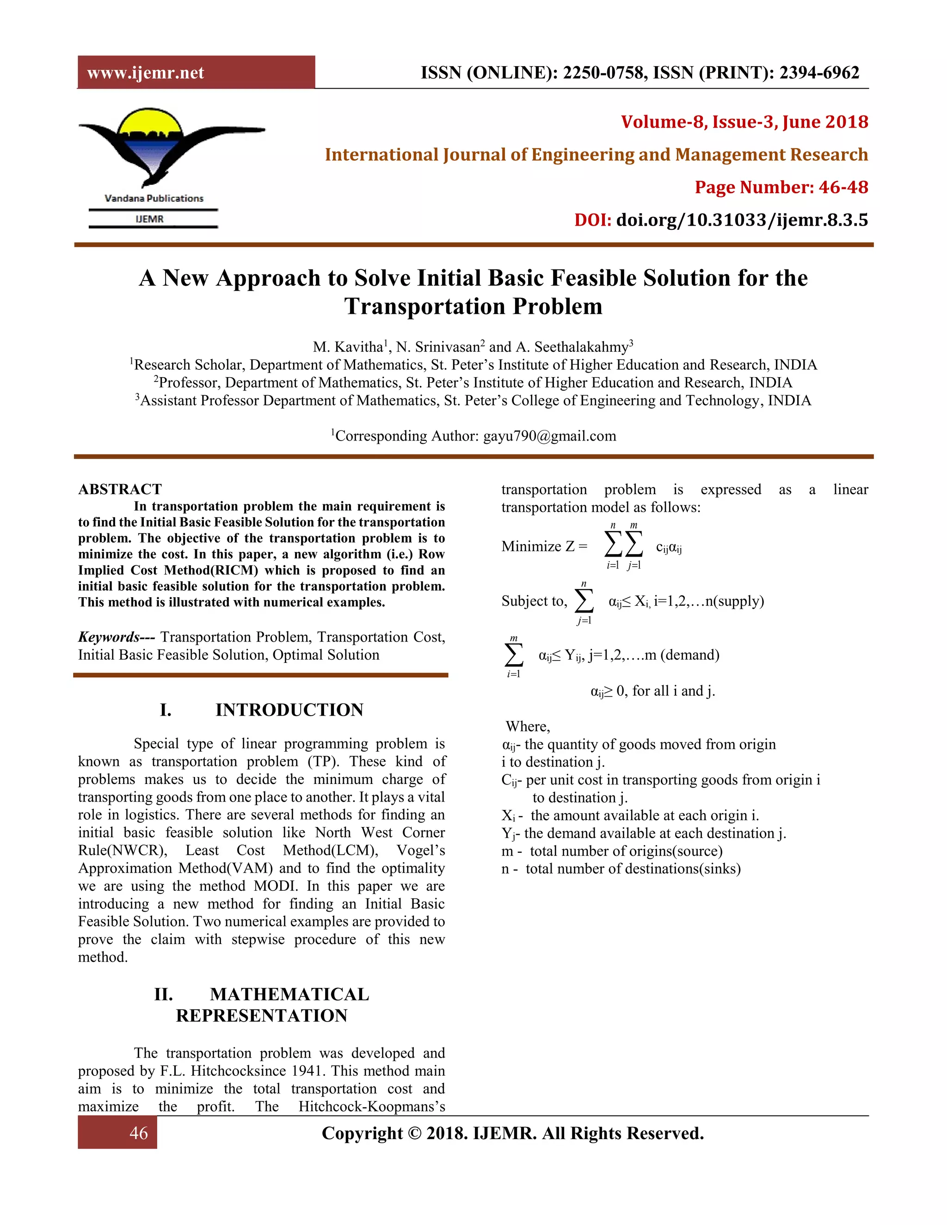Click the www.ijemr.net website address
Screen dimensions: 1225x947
(x=145, y=73)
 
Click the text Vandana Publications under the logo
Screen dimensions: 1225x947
(x=154, y=198)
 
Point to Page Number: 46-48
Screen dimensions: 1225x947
(x=781, y=187)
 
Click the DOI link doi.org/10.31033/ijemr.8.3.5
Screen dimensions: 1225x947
(x=741, y=220)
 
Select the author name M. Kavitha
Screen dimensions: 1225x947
(x=348, y=347)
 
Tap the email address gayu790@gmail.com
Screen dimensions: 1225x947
(x=549, y=436)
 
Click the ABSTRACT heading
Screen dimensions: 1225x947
(x=120, y=489)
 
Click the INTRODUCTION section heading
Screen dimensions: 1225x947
(x=289, y=710)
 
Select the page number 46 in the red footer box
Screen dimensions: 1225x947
(x=139, y=1133)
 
